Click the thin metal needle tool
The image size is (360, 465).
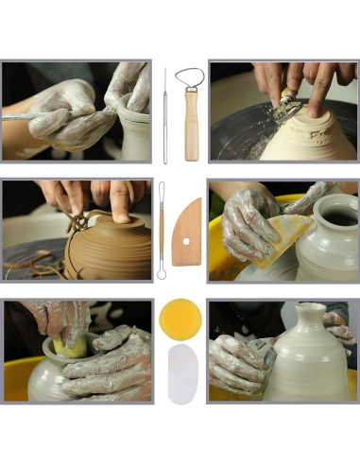tap(164, 113)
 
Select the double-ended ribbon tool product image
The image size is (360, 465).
tap(161, 229)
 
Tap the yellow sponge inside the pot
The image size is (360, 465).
tap(70, 346)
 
